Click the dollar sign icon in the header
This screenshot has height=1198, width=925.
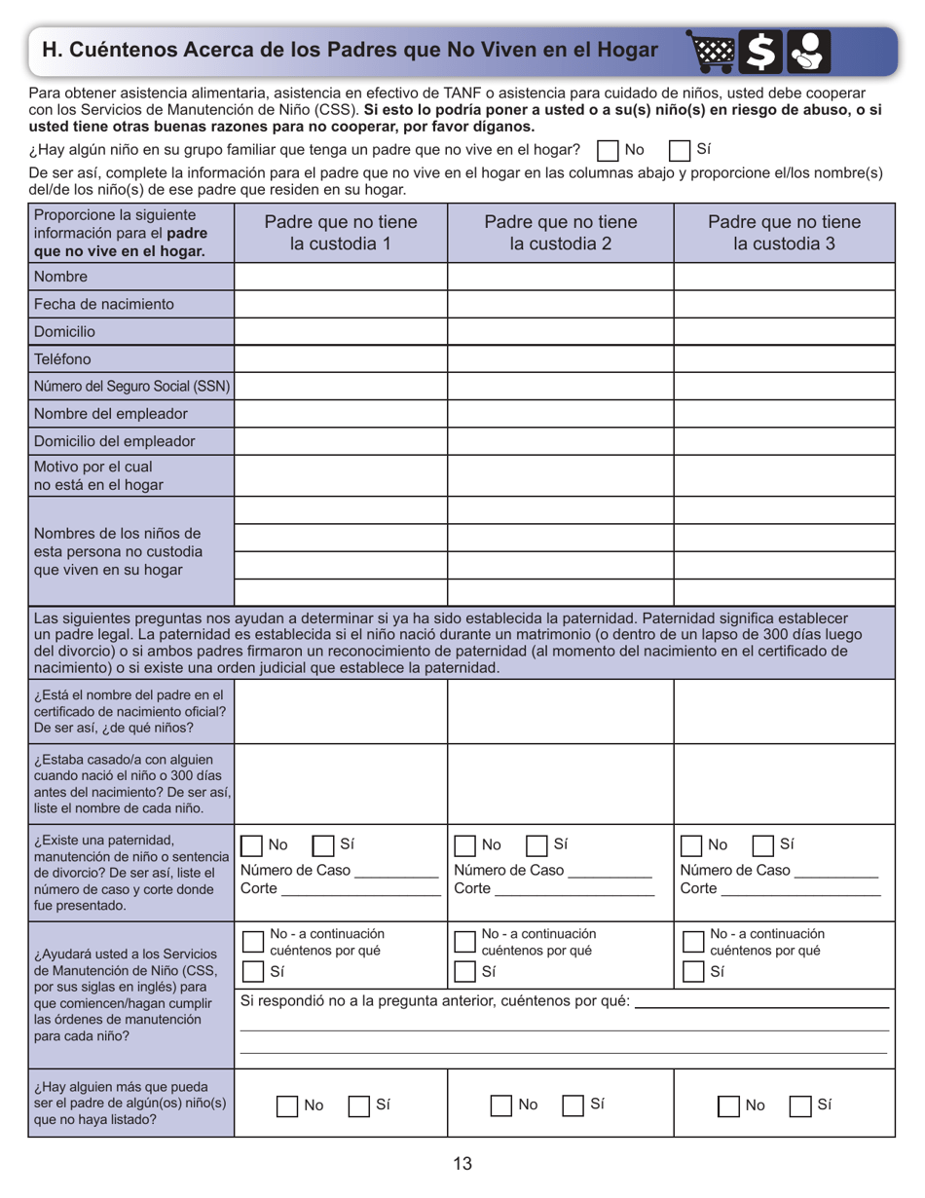pyautogui.click(x=759, y=51)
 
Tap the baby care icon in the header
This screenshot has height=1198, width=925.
pyautogui.click(x=809, y=51)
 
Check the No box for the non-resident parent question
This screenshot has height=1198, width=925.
pyautogui.click(x=608, y=151)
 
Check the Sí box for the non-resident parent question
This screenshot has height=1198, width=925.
pyautogui.click(x=680, y=151)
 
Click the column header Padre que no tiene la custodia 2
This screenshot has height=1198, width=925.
pyautogui.click(x=560, y=233)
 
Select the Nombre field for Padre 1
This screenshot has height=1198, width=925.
pyautogui.click(x=341, y=277)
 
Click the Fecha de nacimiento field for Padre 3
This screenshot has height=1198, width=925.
pyautogui.click(x=784, y=304)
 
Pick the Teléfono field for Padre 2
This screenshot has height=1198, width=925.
pyautogui.click(x=560, y=358)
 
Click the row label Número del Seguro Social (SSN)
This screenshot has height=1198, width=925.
pyautogui.click(x=132, y=386)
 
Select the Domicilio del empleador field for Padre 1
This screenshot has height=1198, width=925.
pyautogui.click(x=341, y=441)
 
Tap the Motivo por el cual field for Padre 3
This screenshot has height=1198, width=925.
pyautogui.click(x=784, y=476)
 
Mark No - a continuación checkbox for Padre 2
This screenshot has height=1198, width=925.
pyautogui.click(x=465, y=941)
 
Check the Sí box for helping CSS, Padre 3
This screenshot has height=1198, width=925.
pyautogui.click(x=692, y=972)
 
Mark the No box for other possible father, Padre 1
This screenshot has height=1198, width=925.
pyautogui.click(x=287, y=1105)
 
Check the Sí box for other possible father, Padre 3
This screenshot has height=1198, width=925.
pyautogui.click(x=800, y=1105)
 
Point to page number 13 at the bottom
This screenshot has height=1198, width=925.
pyautogui.click(x=462, y=1163)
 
